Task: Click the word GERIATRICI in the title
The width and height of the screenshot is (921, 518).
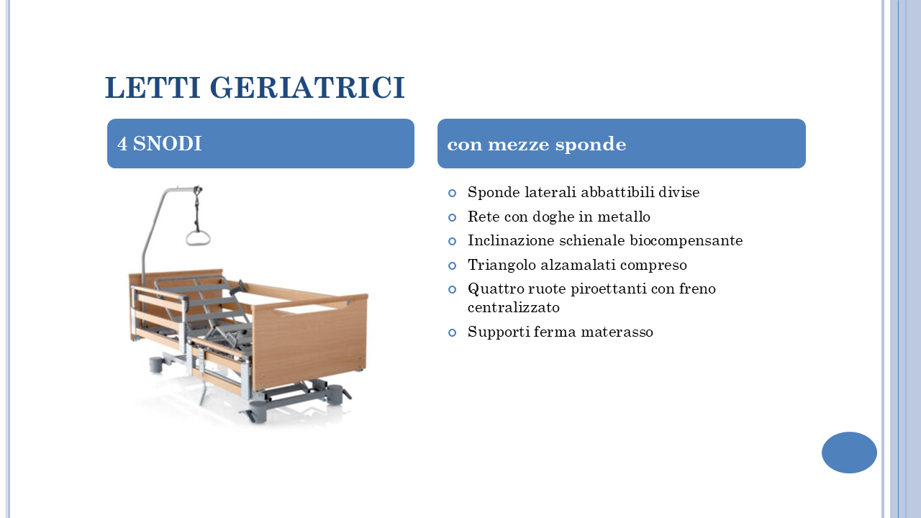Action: tap(307, 87)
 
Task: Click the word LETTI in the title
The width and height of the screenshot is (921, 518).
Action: tap(153, 87)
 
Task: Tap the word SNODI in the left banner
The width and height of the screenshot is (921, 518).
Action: tap(168, 143)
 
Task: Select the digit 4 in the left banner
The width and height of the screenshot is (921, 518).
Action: tap(122, 144)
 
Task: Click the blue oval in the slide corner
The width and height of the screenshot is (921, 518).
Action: tap(849, 453)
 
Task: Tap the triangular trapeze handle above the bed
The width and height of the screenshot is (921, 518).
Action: tap(198, 238)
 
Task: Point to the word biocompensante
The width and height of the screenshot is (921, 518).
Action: tap(686, 241)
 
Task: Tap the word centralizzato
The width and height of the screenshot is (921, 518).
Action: tap(514, 307)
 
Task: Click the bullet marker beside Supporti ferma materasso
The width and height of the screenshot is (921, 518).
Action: tap(453, 332)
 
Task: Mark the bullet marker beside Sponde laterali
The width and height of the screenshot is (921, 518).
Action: tap(453, 193)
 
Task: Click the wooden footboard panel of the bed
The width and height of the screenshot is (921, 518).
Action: tap(309, 341)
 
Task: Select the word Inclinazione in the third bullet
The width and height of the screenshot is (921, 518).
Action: tap(511, 240)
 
